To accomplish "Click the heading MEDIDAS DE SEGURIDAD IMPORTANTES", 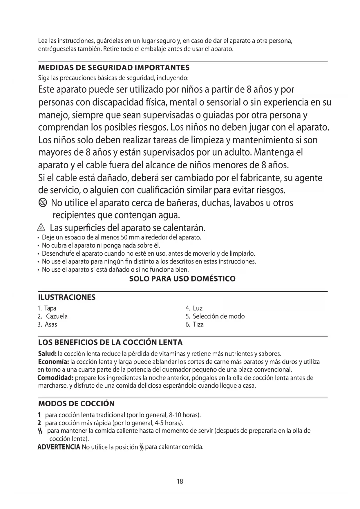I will click(114, 68).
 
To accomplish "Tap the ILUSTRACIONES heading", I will click(67, 297).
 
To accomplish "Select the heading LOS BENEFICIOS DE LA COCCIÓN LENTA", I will click(110, 342).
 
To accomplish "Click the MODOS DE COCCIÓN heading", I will click(76, 404).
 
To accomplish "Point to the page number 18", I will click(180, 482).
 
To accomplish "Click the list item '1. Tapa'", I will click(47, 308).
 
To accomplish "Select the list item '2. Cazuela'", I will click(53, 316).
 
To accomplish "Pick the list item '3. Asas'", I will click(47, 324).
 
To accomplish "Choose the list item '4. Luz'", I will click(194, 308).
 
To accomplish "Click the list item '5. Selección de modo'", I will click(215, 316).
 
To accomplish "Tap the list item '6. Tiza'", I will click(195, 324).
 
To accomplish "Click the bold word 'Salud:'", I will click(48, 354).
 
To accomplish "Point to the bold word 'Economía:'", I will click(53, 362).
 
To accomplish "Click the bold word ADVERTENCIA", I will click(59, 447).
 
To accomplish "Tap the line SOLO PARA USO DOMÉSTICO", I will click(182, 279).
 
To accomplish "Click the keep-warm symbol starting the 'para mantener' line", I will click(41, 431).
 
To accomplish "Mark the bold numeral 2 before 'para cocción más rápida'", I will click(39, 423).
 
